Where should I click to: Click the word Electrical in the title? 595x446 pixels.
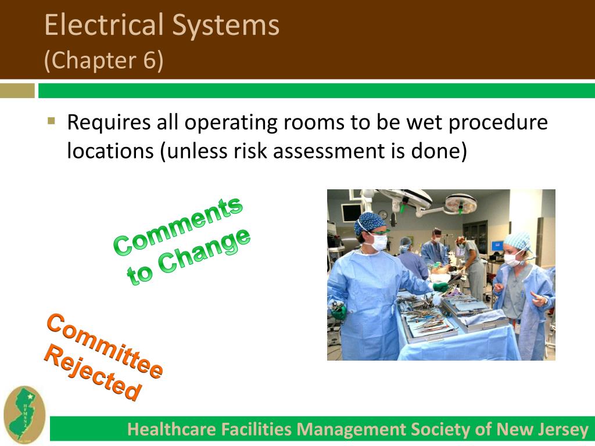click(x=105, y=26)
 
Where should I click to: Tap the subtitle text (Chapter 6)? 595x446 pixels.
click(x=104, y=60)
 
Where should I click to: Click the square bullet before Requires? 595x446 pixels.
click(x=51, y=122)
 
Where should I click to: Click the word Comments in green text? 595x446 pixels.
click(x=177, y=226)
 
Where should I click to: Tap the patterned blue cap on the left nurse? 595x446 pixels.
click(x=370, y=222)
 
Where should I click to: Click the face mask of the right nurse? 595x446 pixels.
click(x=514, y=260)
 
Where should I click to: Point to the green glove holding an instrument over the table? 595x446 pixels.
click(x=442, y=287)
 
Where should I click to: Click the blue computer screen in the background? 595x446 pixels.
click(x=496, y=246)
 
